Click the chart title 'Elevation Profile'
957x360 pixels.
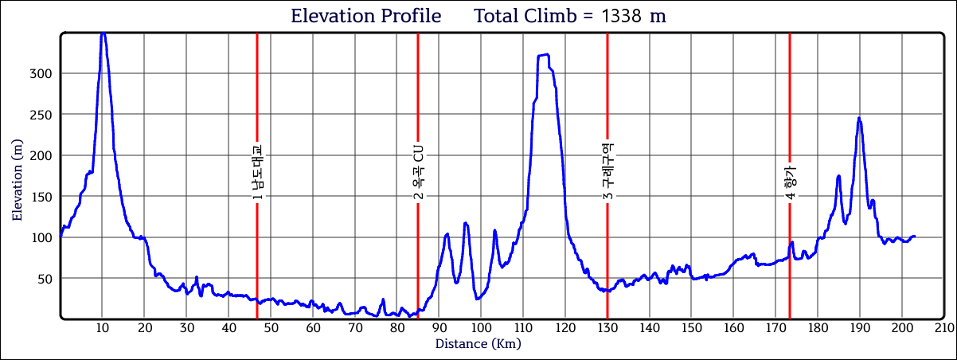coord(366,16)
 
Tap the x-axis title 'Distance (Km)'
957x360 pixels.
coord(478,344)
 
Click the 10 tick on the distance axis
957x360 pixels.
coord(102,328)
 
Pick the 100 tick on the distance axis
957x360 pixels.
coord(481,328)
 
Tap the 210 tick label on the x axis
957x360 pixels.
coord(944,328)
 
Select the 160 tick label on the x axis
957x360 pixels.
coord(733,328)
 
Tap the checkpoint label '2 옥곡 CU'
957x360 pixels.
coord(418,172)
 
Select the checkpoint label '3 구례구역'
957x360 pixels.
coord(607,172)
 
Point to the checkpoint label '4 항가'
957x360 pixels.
coord(790,182)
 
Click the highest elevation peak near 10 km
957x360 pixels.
coord(103,34)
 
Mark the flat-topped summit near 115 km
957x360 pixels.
coord(544,55)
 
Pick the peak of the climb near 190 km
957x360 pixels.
coord(859,118)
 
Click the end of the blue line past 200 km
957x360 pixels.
coord(915,236)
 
